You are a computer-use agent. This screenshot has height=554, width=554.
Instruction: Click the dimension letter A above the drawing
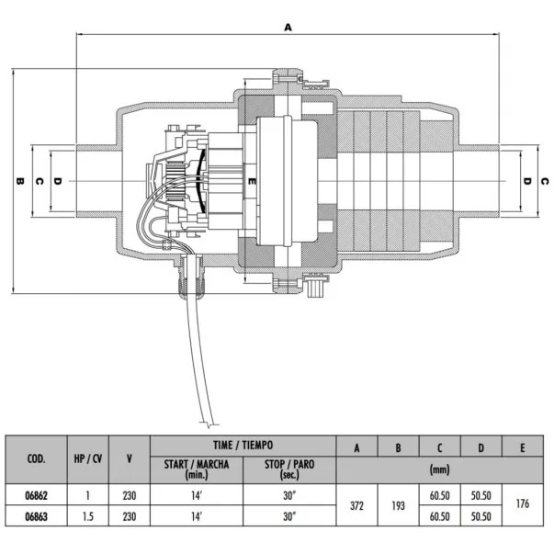click(x=288, y=28)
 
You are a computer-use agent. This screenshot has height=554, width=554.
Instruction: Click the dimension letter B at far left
click(x=20, y=181)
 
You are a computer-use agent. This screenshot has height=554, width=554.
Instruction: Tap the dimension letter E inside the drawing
click(x=252, y=181)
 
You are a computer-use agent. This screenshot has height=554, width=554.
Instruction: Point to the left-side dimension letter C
click(x=40, y=181)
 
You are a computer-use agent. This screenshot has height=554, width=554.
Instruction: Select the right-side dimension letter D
click(x=526, y=181)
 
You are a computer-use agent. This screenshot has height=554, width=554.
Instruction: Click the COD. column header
click(x=37, y=459)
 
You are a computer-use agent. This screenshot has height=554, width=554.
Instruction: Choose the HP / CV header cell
click(x=88, y=459)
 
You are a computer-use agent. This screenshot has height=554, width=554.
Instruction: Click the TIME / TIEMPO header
click(x=243, y=446)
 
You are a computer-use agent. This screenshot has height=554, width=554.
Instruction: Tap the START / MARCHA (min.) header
click(x=197, y=469)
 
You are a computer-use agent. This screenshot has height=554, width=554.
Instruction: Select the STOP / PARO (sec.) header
click(x=289, y=469)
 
